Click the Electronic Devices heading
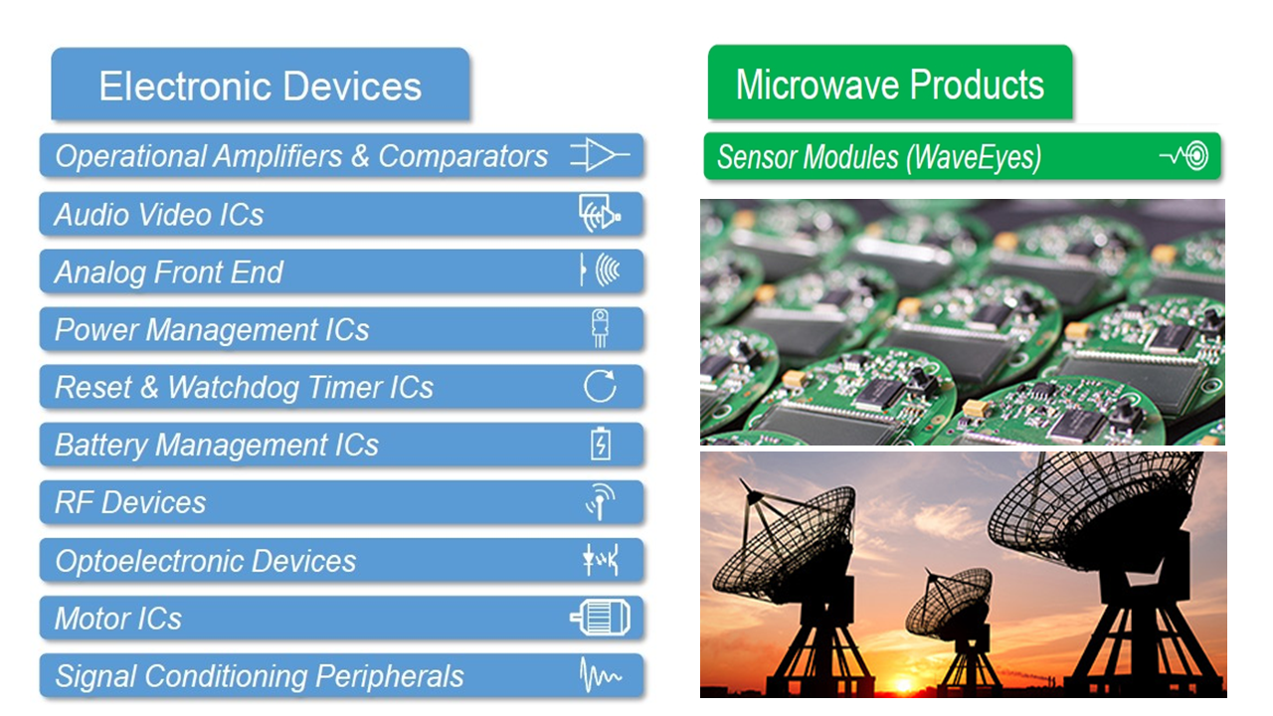coord(261,86)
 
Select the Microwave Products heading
coord(890,85)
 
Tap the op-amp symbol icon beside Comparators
coord(600,154)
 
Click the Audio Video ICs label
coord(159,215)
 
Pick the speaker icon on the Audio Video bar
coord(600,213)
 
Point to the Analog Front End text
coord(169,272)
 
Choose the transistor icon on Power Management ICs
coord(600,328)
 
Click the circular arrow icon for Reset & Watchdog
coord(600,387)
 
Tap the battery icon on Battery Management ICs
coord(600,444)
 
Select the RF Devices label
coord(130,502)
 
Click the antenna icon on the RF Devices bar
coord(600,502)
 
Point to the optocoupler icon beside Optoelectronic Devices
coord(600,560)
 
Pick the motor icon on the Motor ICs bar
coord(600,618)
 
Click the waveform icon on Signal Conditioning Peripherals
coord(600,675)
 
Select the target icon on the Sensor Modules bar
coord(1196,155)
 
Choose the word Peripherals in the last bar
coord(389,677)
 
